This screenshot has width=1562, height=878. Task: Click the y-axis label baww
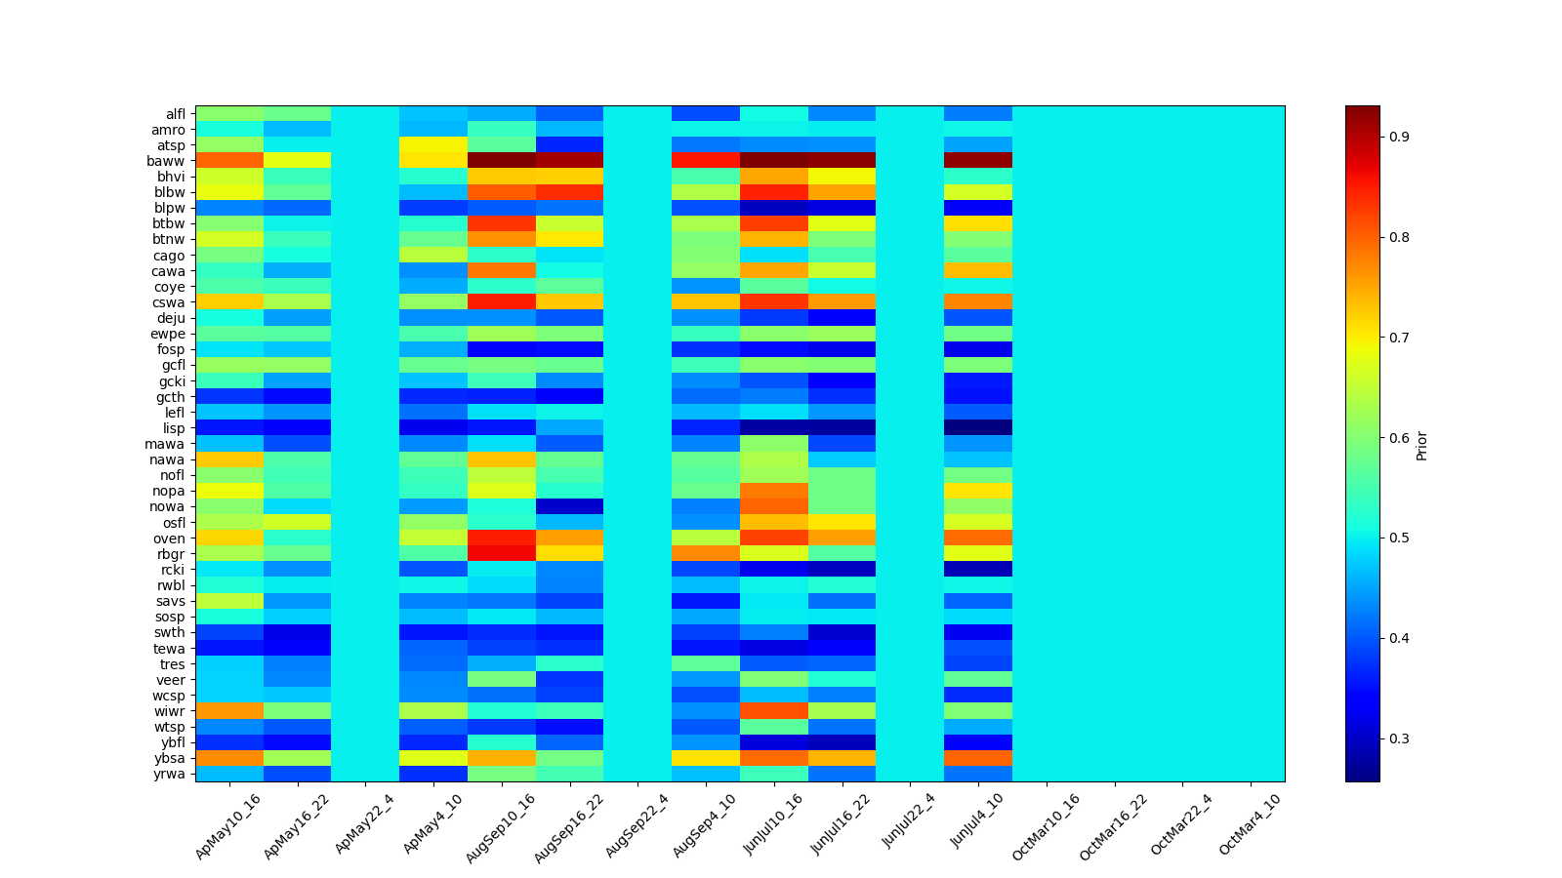point(172,161)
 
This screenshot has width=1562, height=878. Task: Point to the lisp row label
point(174,428)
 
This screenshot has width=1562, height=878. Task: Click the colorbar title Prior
point(1421,445)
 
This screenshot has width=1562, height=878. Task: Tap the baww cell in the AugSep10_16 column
point(502,161)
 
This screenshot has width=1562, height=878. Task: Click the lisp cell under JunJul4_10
point(978,428)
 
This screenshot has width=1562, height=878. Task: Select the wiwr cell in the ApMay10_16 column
point(229,711)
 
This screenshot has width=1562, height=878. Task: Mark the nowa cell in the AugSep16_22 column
point(570,506)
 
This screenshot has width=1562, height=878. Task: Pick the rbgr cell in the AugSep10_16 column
point(502,554)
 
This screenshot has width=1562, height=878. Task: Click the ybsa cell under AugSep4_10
point(706,758)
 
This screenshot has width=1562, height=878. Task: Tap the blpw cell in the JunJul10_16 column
point(774,208)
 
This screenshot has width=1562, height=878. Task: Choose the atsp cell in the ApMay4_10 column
point(433,145)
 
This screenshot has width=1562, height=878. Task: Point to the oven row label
point(172,539)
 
